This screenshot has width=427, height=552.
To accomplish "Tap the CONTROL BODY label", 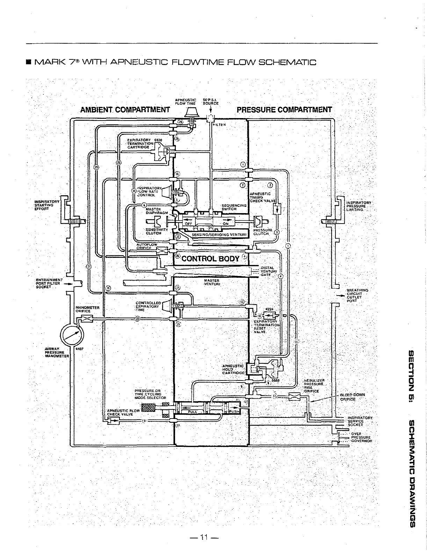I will pos(210,259).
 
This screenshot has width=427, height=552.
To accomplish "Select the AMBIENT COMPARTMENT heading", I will pos(125,110).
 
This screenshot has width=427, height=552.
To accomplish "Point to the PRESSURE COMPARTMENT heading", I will pos(284,110).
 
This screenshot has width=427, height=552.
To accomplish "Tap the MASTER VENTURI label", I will pos(211,282).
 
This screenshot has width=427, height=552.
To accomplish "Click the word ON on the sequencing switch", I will pos(225,223).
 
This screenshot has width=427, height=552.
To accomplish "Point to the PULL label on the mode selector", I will pos(193,412).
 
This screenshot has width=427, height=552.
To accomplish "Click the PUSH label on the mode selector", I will pos(233,412).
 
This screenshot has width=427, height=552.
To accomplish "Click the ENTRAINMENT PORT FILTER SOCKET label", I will pos(49,283).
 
